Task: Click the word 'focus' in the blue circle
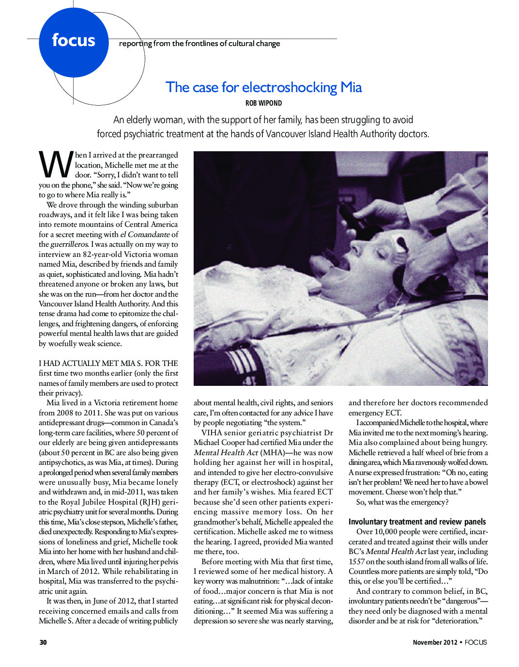(74, 40)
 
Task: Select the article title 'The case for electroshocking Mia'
(263, 87)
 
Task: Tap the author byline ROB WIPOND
(263, 103)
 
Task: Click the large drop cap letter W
(55, 165)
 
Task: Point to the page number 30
(43, 642)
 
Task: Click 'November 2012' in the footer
(435, 642)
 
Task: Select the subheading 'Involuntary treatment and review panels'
(417, 522)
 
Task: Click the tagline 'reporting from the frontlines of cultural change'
(199, 44)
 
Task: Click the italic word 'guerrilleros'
(69, 244)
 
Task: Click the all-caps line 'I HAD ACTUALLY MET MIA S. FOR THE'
(108, 363)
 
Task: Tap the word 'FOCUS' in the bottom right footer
(475, 642)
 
